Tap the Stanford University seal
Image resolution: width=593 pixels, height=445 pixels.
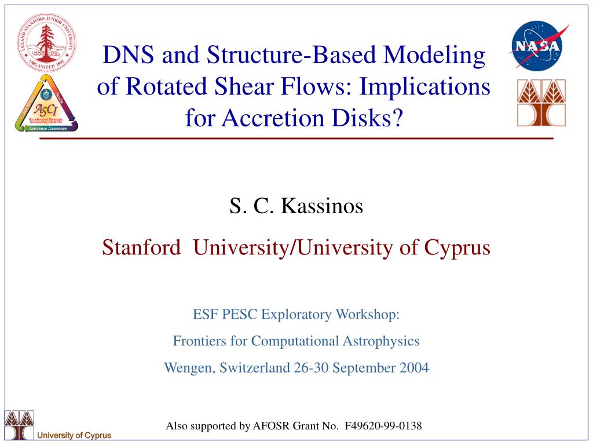click(x=46, y=42)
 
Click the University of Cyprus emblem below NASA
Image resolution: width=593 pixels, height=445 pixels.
click(x=541, y=103)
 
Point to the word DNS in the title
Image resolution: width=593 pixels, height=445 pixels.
click(x=128, y=54)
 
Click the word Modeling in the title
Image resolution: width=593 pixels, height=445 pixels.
click(x=434, y=55)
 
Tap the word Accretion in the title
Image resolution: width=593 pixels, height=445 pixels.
click(x=272, y=118)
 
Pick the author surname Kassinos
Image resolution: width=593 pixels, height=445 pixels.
click(x=322, y=206)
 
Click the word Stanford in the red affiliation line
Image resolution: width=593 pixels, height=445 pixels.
click(x=141, y=248)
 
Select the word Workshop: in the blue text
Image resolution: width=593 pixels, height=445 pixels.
click(x=368, y=315)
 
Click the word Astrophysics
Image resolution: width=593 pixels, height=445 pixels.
click(x=381, y=341)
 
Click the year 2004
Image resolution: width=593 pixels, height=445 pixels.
click(x=415, y=368)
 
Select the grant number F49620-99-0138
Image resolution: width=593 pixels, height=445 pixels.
click(x=383, y=426)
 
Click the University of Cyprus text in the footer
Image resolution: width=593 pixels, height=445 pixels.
click(x=74, y=435)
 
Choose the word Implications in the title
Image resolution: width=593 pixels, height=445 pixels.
click(x=424, y=87)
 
